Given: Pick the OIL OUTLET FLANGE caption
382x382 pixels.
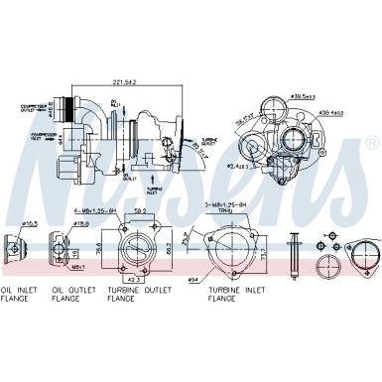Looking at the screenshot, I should coord(70,295).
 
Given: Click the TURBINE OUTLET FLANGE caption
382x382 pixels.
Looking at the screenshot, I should coord(135,295).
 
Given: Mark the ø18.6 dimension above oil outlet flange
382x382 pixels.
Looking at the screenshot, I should coord(82,225).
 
